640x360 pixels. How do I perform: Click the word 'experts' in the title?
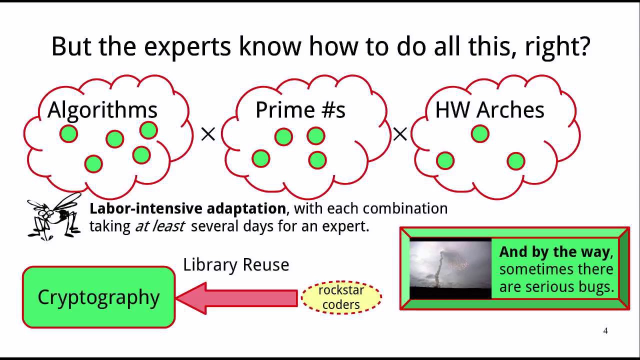[x=187, y=46]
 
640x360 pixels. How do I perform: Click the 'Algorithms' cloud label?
[x=102, y=110]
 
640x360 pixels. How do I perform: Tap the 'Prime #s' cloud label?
[x=300, y=110]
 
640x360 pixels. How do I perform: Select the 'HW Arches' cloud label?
[x=489, y=110]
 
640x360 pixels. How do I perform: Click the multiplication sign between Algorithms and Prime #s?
[x=208, y=134]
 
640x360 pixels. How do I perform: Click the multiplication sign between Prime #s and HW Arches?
[x=400, y=134]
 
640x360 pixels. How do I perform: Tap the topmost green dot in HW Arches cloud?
[x=480, y=133]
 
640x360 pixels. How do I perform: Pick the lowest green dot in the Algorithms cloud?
[x=93, y=163]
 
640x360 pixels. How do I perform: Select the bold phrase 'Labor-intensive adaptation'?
[x=187, y=208]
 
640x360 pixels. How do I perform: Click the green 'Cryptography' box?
[x=98, y=297]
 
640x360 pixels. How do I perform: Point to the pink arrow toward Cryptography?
[x=237, y=298]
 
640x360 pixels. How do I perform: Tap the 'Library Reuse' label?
[x=236, y=264]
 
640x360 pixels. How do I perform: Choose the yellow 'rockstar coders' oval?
[x=341, y=297]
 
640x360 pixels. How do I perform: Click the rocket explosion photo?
[x=450, y=269]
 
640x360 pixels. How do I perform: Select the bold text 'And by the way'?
[x=554, y=251]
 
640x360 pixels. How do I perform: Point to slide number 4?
[x=605, y=330]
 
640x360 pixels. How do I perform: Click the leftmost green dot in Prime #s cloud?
[x=260, y=158]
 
